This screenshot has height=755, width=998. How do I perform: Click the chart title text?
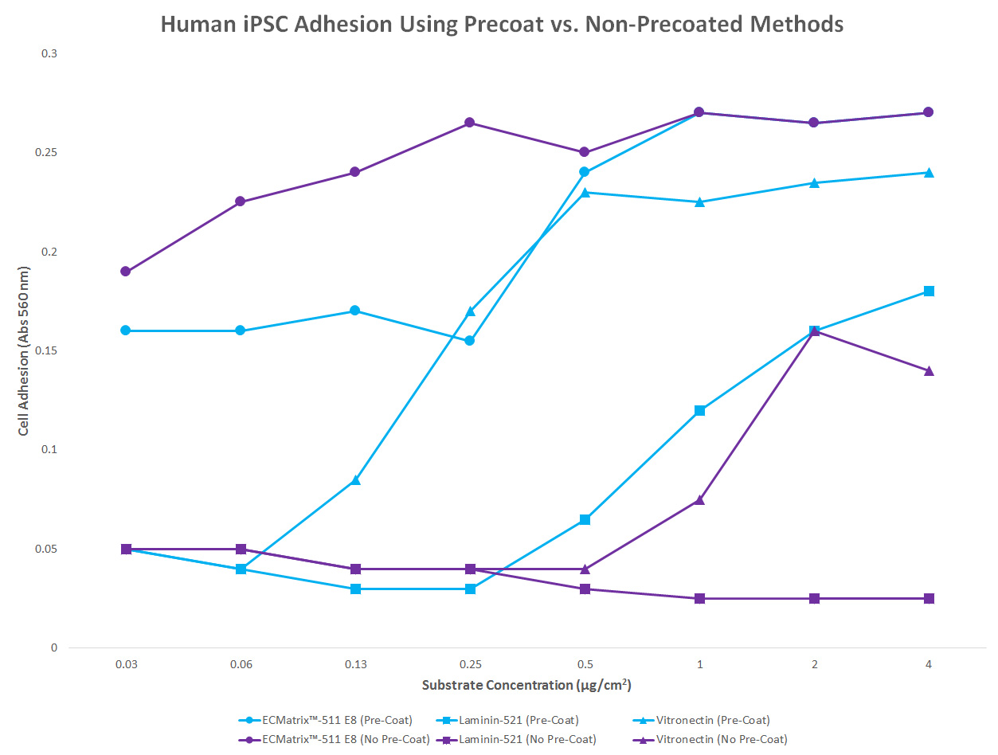click(x=502, y=24)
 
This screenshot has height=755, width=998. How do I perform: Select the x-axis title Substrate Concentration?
click(x=526, y=685)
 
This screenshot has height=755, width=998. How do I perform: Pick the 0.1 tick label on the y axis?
click(x=49, y=450)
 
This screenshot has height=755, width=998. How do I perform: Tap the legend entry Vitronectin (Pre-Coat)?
click(x=713, y=721)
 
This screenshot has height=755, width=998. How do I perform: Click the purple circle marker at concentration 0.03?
click(x=126, y=272)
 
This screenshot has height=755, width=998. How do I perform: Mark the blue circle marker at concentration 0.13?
click(x=355, y=311)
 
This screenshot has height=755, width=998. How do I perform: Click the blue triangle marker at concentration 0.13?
click(x=355, y=480)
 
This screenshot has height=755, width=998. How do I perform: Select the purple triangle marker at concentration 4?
click(x=929, y=370)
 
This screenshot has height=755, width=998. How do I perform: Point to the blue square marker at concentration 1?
click(x=699, y=410)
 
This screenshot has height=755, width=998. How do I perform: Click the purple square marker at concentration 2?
click(x=814, y=598)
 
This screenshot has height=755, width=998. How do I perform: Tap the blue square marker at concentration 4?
click(x=929, y=291)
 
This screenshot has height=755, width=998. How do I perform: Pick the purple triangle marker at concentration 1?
click(x=699, y=499)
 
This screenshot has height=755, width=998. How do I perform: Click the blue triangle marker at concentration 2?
click(x=814, y=182)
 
